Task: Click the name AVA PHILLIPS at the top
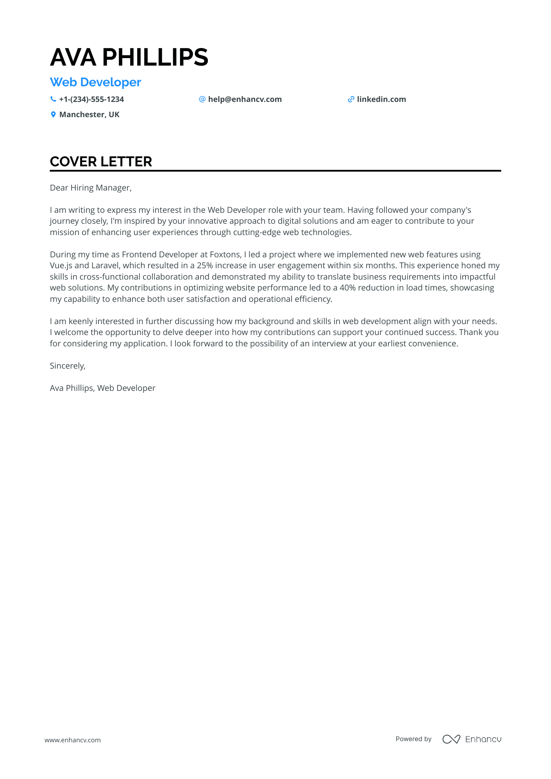tap(129, 57)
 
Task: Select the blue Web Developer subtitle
tap(95, 82)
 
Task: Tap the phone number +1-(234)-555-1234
tap(91, 100)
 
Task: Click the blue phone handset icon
tap(53, 99)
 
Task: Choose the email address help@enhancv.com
tap(245, 100)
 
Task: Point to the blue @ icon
tap(202, 99)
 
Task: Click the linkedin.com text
tap(381, 100)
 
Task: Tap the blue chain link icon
tap(351, 100)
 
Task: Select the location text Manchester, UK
tap(89, 115)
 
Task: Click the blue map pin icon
tap(53, 114)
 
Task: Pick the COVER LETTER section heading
tap(101, 162)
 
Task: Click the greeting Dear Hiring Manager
tap(91, 188)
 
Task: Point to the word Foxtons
tap(225, 255)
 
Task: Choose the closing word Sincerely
tap(68, 366)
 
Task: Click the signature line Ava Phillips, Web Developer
tap(102, 388)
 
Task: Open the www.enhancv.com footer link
tap(72, 740)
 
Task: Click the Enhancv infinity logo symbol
tap(451, 739)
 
